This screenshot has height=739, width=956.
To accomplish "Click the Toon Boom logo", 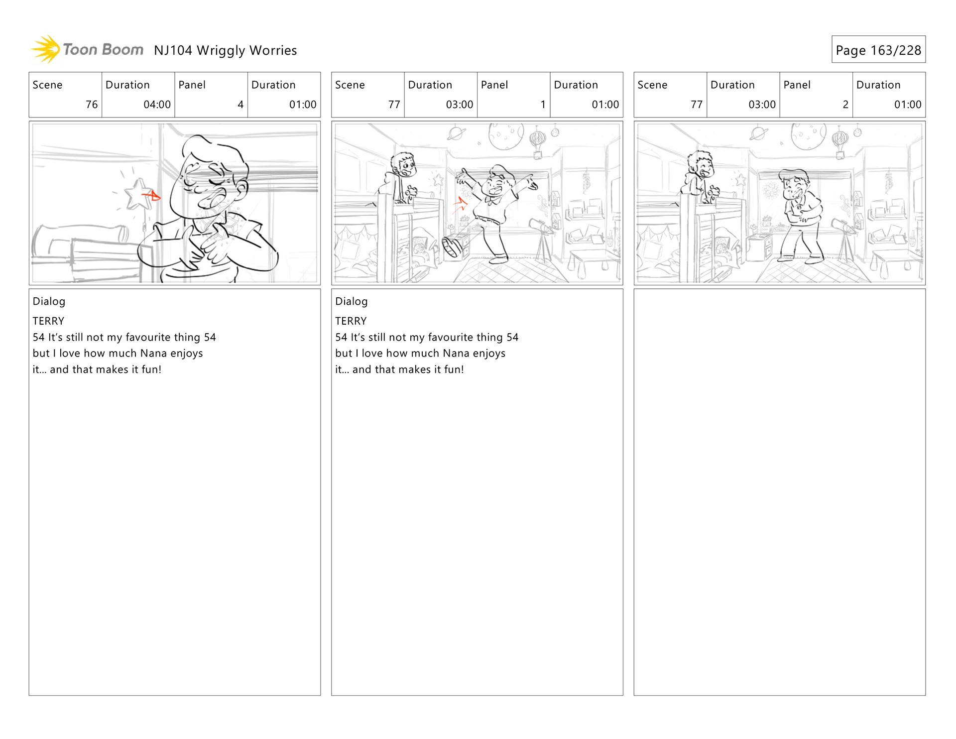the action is click(87, 49).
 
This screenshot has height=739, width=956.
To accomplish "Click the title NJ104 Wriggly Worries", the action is click(225, 50).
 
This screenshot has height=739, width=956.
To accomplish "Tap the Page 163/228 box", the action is click(878, 49).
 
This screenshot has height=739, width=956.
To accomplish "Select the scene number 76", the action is click(92, 105).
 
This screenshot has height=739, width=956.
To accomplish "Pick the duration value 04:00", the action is click(157, 105).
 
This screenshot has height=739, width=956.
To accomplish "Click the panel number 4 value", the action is click(240, 105).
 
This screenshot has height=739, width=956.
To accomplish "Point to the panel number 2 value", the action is click(845, 105).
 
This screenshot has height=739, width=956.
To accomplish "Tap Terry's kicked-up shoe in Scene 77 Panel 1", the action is click(452, 247).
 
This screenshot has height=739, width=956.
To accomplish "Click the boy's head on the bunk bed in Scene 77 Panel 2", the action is click(701, 164).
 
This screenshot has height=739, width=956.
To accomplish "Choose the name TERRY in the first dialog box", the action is click(48, 321).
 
